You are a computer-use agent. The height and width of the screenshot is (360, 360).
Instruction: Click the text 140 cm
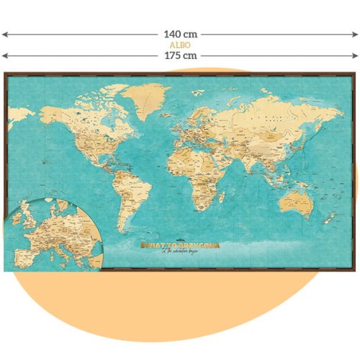[x=181, y=34]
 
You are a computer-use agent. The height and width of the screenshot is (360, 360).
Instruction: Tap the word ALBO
[x=180, y=44]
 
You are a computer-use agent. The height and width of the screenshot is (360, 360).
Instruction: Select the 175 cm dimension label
[x=181, y=55]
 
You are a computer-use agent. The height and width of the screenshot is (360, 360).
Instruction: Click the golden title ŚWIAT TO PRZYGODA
[x=180, y=246]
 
